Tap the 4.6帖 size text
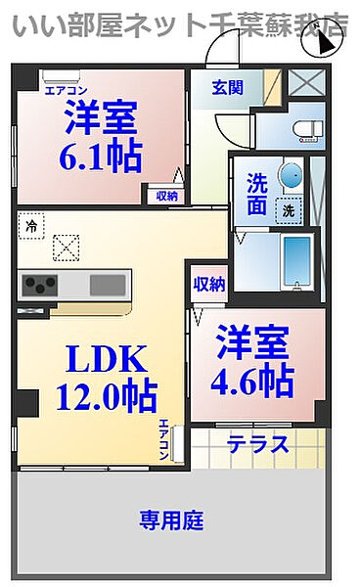click(252, 379)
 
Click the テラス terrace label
click(258, 445)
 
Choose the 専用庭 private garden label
click(170, 520)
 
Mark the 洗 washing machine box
click(289, 208)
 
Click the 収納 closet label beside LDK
click(208, 285)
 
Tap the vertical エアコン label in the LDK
click(164, 438)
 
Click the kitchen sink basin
click(107, 285)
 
